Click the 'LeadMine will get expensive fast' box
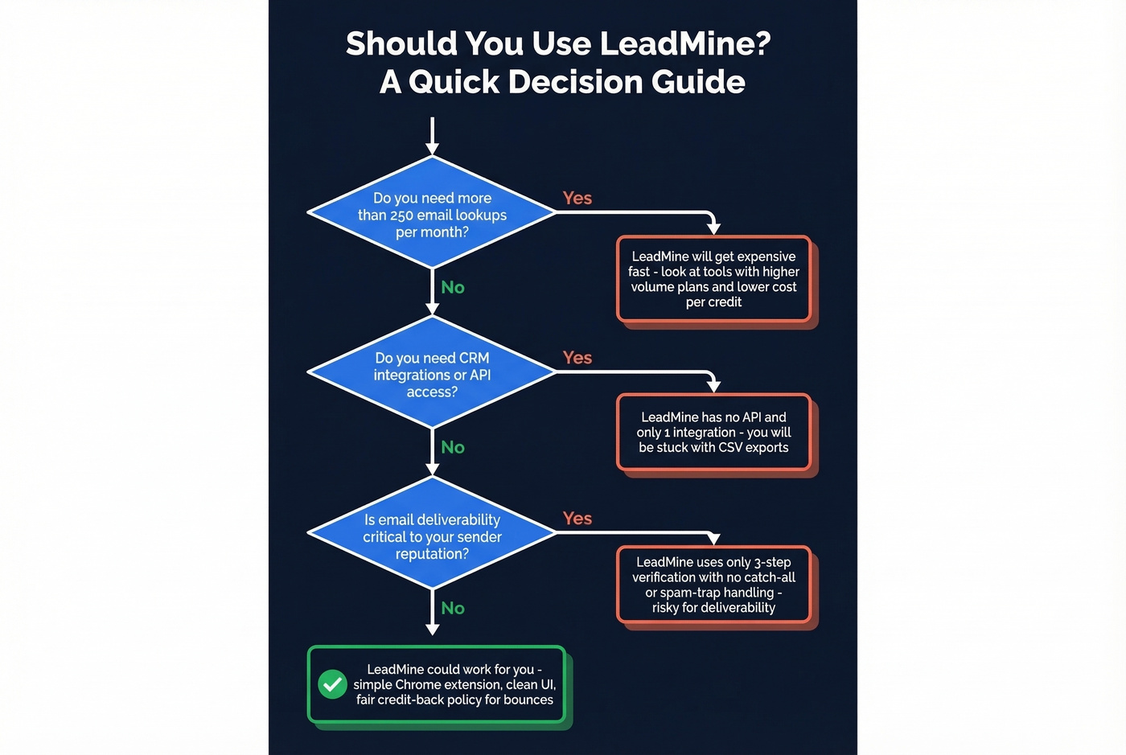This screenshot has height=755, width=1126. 713,279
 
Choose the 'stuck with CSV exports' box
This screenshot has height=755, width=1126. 713,433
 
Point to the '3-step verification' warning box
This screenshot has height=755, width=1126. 713,585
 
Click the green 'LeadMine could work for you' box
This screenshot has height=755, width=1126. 437,684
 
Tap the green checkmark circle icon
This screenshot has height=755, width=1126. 332,684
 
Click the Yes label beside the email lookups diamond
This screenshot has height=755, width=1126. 577,198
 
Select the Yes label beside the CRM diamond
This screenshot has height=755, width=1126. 577,358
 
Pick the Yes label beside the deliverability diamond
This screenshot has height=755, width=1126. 577,519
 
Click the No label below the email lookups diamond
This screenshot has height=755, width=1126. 453,287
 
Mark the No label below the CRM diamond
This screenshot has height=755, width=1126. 453,447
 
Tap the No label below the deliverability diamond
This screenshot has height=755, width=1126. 453,608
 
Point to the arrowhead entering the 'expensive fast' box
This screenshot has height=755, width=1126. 713,228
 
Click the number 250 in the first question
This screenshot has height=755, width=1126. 401,215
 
